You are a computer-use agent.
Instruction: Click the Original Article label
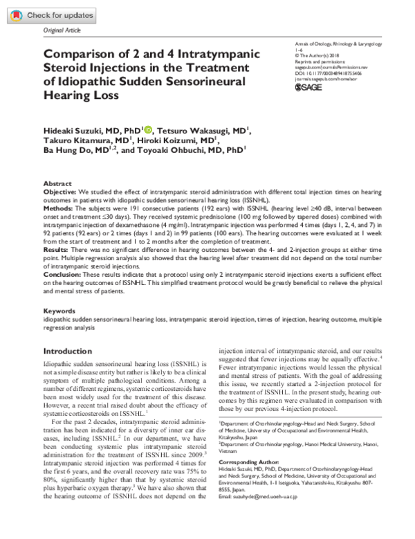pyautogui.click(x=62, y=32)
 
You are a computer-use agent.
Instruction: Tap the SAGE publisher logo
pyautogui.click(x=309, y=87)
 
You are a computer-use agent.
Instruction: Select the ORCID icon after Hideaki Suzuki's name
pyautogui.click(x=147, y=129)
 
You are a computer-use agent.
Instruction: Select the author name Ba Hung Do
pyautogui.click(x=68, y=149)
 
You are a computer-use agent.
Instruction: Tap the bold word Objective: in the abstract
pyautogui.click(x=60, y=190)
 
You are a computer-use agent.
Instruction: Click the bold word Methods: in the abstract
pyautogui.click(x=59, y=205)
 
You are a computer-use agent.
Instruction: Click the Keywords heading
pyautogui.click(x=59, y=311)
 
